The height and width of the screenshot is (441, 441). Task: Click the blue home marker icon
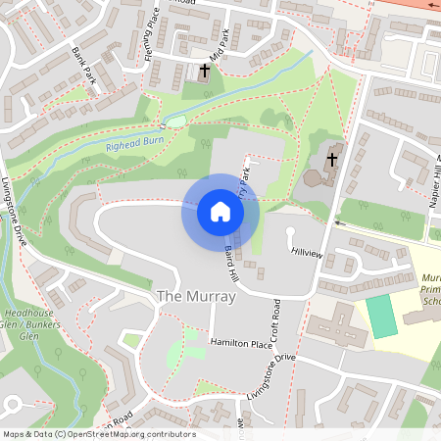[220, 212]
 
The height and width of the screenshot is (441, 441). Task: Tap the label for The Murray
[196, 296]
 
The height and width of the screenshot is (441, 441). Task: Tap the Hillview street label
[308, 252]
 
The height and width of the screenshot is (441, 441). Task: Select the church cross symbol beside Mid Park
[205, 71]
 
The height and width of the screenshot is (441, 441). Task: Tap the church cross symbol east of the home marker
[332, 159]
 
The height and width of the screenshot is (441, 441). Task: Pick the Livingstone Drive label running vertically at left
[19, 212]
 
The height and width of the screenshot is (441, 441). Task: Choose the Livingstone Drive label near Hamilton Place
[266, 373]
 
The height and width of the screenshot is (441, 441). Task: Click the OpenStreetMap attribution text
[98, 434]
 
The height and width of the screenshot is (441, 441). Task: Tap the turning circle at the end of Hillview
[290, 232]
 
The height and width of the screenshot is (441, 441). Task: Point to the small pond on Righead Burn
[176, 121]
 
